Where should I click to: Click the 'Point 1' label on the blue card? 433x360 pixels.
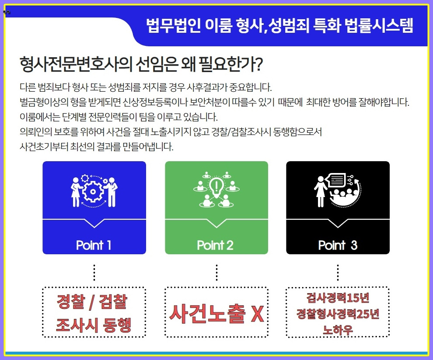94,245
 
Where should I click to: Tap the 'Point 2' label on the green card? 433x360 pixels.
215,245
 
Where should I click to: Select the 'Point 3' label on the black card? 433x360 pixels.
338,245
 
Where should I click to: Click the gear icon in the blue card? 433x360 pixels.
94,191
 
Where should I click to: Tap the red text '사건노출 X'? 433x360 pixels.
216,313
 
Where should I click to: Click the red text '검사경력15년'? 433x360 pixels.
338,298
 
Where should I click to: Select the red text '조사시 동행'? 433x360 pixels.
94,325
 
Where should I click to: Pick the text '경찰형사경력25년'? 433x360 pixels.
338,314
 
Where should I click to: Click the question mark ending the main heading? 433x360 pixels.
258,65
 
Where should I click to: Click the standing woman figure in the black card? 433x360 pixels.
320,191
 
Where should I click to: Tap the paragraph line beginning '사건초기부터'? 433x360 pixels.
97,146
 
